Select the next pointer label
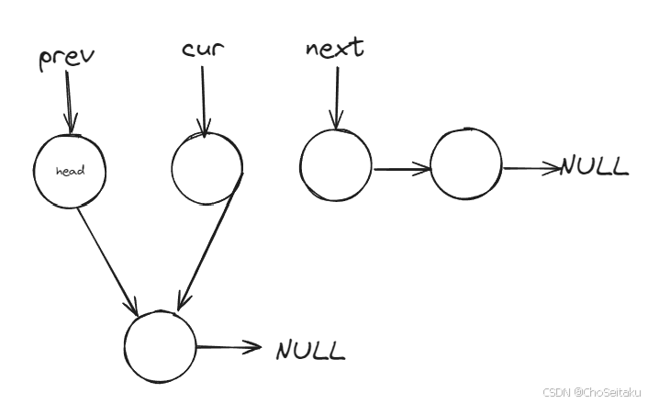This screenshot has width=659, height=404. [x=334, y=49]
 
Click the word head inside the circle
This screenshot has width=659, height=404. [x=70, y=172]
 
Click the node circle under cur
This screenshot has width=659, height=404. [x=207, y=168]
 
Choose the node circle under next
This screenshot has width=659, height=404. [x=336, y=164]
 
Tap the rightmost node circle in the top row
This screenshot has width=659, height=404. [x=466, y=164]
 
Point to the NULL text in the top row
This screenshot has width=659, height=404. [x=594, y=166]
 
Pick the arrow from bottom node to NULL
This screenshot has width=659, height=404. [x=229, y=347]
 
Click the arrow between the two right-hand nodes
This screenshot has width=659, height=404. [x=401, y=168]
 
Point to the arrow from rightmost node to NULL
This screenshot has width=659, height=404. [x=531, y=168]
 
